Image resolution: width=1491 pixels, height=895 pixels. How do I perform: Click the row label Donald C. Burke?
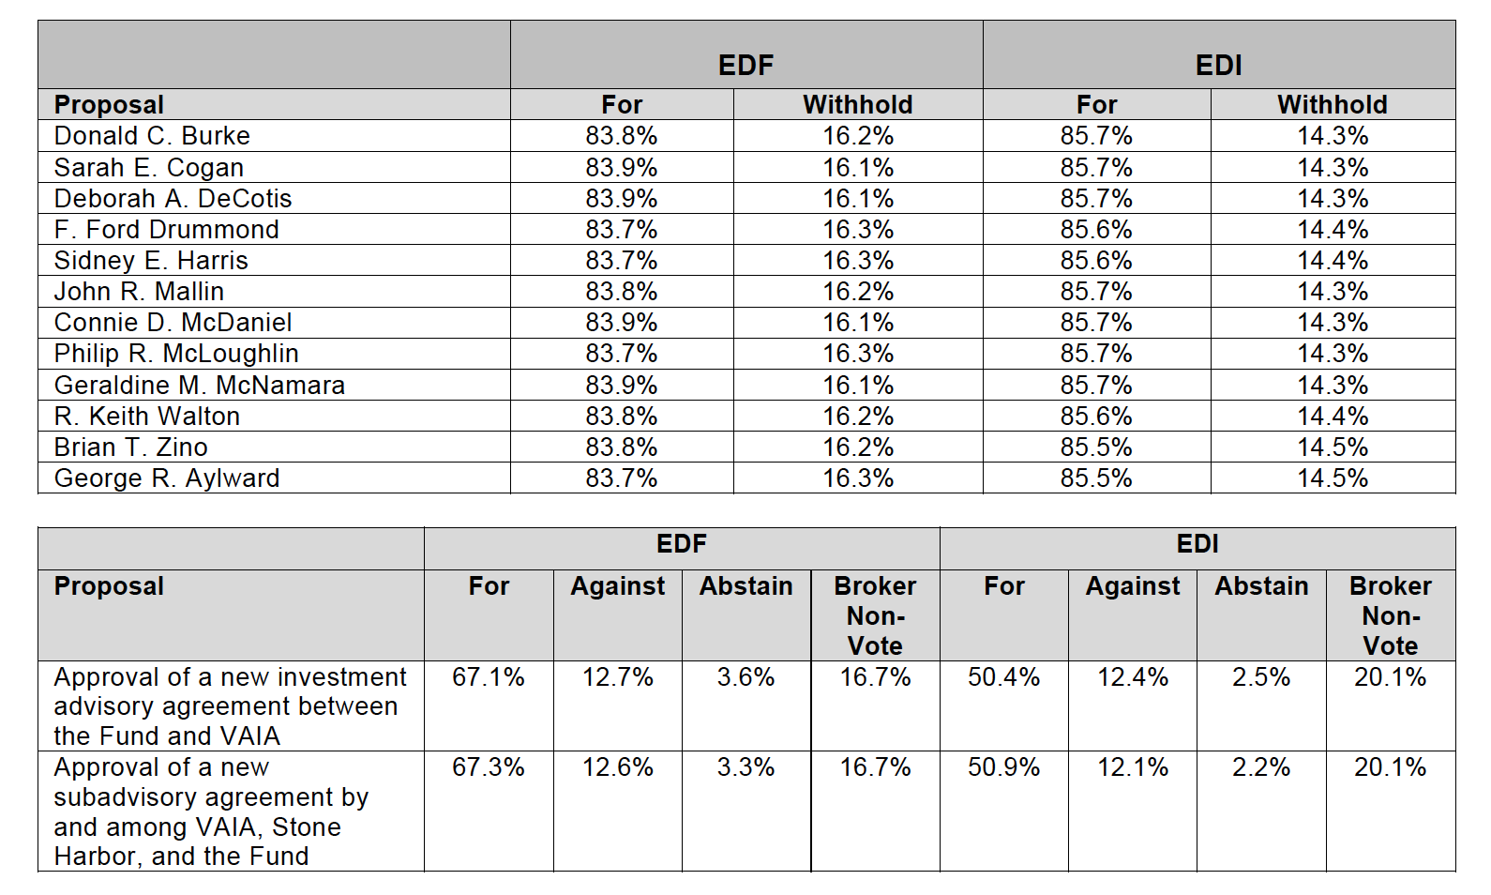152,136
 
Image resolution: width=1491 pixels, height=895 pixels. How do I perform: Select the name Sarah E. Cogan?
148,168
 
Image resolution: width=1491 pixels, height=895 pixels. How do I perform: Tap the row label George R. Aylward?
167,478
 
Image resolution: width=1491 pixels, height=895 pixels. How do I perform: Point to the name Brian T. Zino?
130,447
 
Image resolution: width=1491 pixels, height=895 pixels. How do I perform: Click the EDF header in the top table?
745,65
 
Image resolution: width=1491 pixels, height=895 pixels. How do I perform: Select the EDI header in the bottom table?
1197,544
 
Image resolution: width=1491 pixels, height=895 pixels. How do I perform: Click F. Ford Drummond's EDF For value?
621,230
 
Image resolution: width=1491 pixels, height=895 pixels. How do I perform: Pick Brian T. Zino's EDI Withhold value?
1332,447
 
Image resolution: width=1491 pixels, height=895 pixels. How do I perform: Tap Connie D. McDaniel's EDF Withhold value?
857,323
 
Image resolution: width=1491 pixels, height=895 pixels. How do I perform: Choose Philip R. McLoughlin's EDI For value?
1095,354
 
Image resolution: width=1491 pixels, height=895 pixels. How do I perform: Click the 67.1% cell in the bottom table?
488,677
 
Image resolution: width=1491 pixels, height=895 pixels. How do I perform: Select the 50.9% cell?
1003,767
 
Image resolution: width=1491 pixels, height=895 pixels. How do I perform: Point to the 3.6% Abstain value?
745,677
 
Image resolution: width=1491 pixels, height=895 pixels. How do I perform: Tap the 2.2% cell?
1260,767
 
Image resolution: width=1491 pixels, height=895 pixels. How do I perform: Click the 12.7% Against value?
617,677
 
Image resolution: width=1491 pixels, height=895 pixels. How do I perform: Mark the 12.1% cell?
1132,767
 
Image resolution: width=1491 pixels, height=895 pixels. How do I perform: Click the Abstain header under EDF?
745,586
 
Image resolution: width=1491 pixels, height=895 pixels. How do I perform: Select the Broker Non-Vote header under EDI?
1390,615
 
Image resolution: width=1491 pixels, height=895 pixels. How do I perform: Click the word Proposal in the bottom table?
109,586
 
